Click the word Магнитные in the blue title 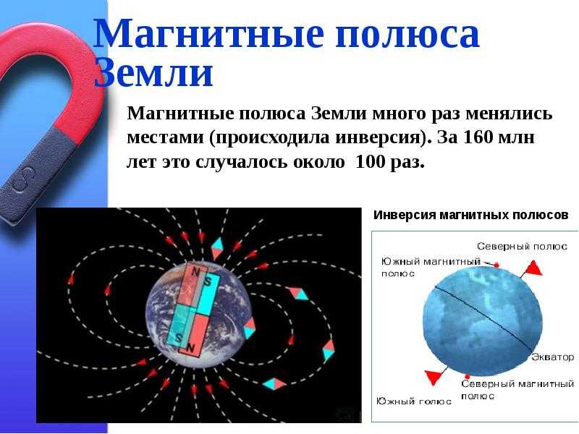click(209, 33)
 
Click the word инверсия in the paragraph click(378, 138)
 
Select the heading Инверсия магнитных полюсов click(471, 215)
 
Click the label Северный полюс click(522, 246)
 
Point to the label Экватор click(553, 357)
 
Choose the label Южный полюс click(414, 401)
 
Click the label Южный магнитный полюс click(431, 267)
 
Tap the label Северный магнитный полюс click(517, 390)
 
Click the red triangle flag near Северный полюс click(533, 268)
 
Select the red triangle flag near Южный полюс click(433, 377)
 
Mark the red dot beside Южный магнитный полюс click(496, 265)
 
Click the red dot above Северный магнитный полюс click(467, 376)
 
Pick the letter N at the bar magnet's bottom click(191, 348)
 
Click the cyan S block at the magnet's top click(208, 294)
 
